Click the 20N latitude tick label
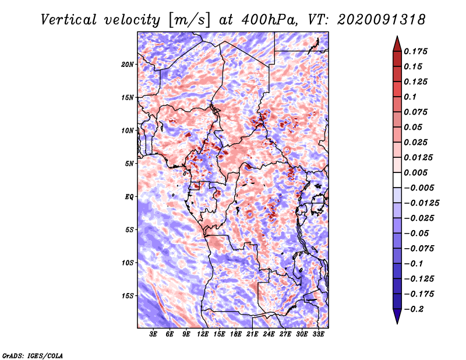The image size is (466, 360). point(127,64)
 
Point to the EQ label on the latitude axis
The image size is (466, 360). point(129,197)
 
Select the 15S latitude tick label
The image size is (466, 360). point(127,296)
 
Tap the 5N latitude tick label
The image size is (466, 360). point(129,164)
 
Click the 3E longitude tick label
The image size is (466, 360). point(153,334)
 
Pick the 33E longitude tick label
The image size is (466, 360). point(319,334)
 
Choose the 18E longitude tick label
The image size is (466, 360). point(236,334)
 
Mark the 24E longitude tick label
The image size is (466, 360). point(269,334)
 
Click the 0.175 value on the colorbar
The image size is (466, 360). point(417,51)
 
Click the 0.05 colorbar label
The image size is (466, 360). point(414,127)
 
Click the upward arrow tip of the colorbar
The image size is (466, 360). point(396,38)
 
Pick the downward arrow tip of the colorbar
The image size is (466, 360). point(396,322)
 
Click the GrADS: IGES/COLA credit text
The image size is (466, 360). point(32,355)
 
